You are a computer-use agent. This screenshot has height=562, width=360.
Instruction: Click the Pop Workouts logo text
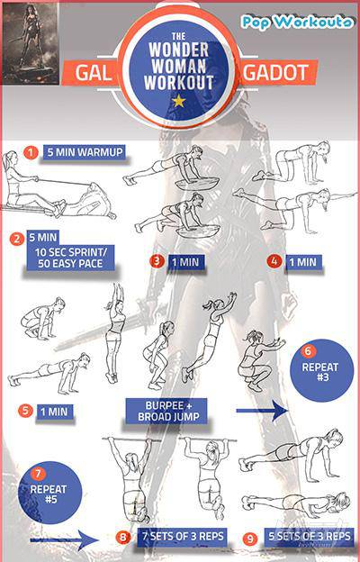click(297, 23)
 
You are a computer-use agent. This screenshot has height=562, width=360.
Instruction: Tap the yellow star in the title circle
click(178, 101)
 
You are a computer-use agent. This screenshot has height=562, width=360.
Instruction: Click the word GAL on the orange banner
click(93, 73)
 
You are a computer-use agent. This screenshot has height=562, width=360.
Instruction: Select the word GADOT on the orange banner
click(275, 72)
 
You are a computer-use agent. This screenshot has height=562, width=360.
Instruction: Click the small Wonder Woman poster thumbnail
click(30, 43)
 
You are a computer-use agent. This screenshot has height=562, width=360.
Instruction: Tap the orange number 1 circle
click(31, 153)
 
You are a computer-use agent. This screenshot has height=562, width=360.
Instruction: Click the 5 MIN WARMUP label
click(85, 152)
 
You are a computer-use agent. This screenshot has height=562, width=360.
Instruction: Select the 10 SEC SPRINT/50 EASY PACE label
click(70, 258)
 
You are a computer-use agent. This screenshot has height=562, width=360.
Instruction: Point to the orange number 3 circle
click(157, 260)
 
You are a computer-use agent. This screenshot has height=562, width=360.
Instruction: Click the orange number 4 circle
click(274, 261)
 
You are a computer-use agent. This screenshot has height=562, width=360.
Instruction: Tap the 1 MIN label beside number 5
click(54, 412)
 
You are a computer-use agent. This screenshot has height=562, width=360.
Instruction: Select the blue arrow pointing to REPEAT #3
click(262, 411)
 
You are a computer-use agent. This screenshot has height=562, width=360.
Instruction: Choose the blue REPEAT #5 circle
click(49, 493)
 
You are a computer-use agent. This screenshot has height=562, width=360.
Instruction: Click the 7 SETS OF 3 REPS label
click(183, 537)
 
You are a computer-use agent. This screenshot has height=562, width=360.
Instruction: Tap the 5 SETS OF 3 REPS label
click(309, 536)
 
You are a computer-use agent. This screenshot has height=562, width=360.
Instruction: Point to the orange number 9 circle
click(250, 539)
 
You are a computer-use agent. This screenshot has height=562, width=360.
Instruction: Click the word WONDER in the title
click(178, 50)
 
